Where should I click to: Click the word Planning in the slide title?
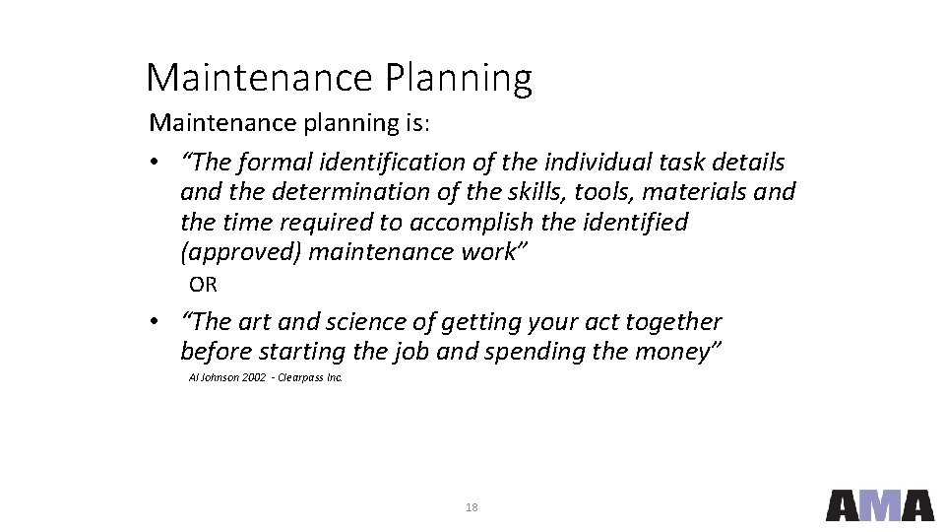tap(459, 78)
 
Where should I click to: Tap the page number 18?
tap(472, 507)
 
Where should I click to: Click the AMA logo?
tap(879, 504)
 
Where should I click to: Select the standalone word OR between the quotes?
tap(203, 286)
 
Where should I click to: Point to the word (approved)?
tap(241, 252)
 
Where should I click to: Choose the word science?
tap(361, 322)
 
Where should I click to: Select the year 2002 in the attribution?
tap(253, 377)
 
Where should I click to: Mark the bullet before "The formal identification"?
tap(156, 163)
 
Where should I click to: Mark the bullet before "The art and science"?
tap(156, 323)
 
